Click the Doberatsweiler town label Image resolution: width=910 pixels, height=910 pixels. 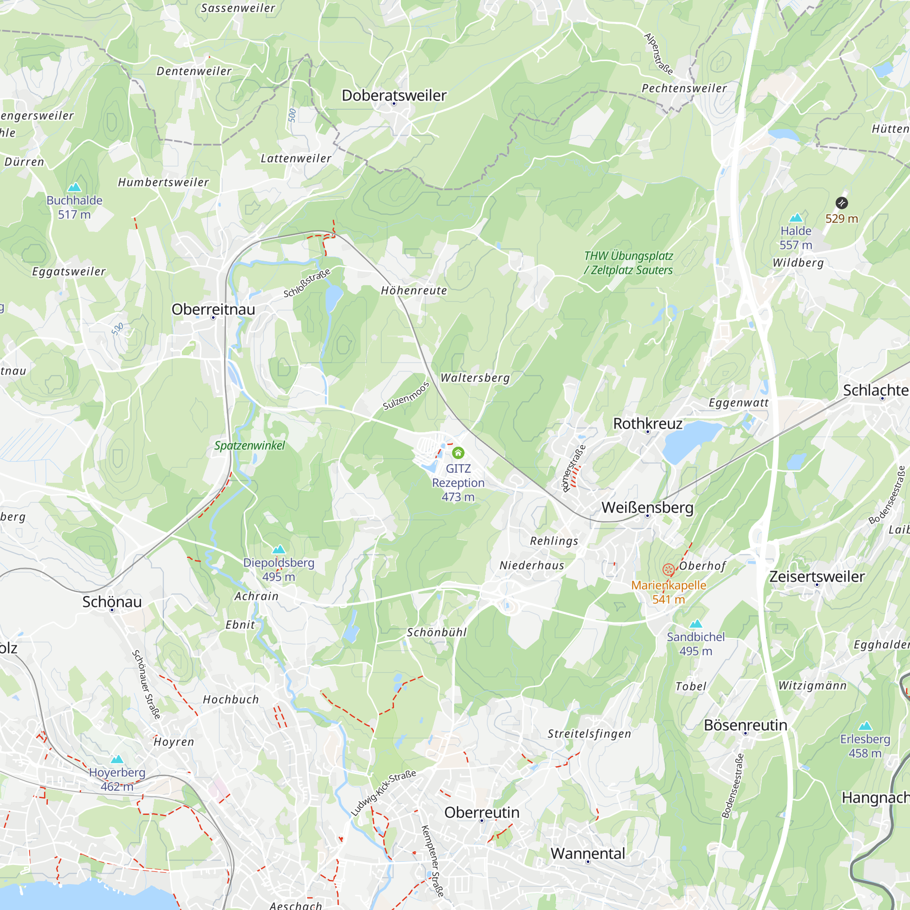[x=394, y=95]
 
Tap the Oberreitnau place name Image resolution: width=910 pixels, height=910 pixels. [x=213, y=309]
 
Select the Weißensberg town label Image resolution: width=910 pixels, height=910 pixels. [x=647, y=507]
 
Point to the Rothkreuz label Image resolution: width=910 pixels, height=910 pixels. [x=647, y=424]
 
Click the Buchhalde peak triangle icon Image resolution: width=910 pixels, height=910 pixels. [x=75, y=187]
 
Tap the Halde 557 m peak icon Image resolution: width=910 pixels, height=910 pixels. [x=795, y=217]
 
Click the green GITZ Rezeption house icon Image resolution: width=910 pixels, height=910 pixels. [x=458, y=453]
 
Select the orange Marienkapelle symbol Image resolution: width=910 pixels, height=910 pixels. [x=668, y=570]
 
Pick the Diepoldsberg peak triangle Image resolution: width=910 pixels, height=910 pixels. [x=279, y=549]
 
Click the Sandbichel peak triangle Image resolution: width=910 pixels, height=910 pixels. [x=696, y=624]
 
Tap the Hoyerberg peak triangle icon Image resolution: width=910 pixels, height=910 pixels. [x=117, y=759]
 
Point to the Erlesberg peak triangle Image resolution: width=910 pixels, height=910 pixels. [x=865, y=726]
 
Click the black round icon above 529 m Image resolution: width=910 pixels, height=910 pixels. [x=842, y=203]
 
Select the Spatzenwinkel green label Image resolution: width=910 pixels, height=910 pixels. [x=250, y=445]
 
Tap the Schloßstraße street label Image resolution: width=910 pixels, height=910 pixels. [x=307, y=283]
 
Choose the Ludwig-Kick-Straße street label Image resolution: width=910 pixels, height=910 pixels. [x=384, y=793]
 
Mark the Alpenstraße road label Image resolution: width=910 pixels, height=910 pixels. [x=658, y=54]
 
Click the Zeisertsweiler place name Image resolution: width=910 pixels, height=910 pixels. [x=817, y=576]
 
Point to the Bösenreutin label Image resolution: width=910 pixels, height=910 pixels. [x=745, y=725]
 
